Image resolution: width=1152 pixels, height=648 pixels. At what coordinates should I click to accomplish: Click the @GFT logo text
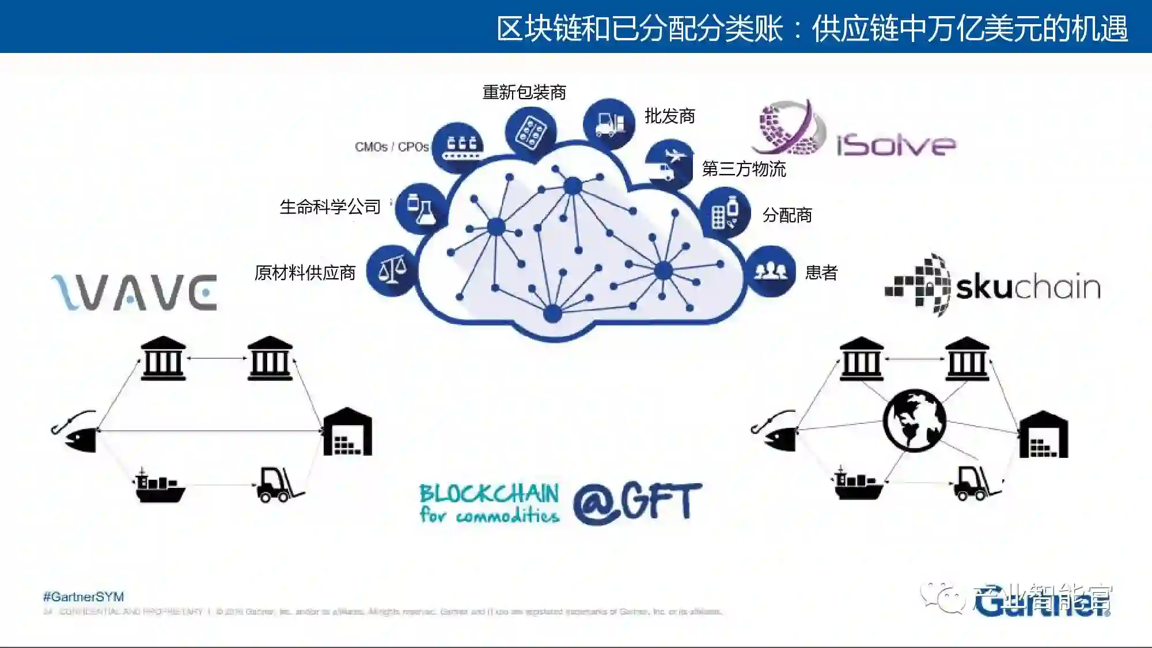(x=637, y=502)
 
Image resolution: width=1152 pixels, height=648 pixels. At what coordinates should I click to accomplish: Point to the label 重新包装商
(x=524, y=92)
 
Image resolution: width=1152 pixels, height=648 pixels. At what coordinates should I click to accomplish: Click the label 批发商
(x=670, y=116)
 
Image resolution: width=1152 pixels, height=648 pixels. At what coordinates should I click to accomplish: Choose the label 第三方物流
(x=744, y=169)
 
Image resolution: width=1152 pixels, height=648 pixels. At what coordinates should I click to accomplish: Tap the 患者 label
(x=821, y=272)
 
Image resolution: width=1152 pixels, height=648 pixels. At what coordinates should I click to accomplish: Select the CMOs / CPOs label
(x=392, y=147)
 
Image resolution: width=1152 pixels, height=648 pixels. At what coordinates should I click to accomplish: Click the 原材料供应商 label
(x=305, y=272)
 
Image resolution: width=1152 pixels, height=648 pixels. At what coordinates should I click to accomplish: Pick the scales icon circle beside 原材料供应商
(x=392, y=270)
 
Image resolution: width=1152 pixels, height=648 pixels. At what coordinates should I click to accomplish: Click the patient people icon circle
(x=771, y=271)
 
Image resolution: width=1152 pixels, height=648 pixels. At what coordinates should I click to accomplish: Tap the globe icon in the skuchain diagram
(x=914, y=420)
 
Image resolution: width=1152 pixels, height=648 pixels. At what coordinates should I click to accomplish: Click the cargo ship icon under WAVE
(x=160, y=485)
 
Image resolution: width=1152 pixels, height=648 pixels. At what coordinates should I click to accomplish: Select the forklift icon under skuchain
(x=976, y=483)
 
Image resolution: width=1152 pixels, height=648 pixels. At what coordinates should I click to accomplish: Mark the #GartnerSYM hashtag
(x=84, y=597)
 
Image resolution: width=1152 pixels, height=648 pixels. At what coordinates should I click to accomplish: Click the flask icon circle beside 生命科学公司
(x=420, y=209)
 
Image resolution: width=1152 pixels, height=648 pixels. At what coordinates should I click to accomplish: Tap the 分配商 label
(x=787, y=215)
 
